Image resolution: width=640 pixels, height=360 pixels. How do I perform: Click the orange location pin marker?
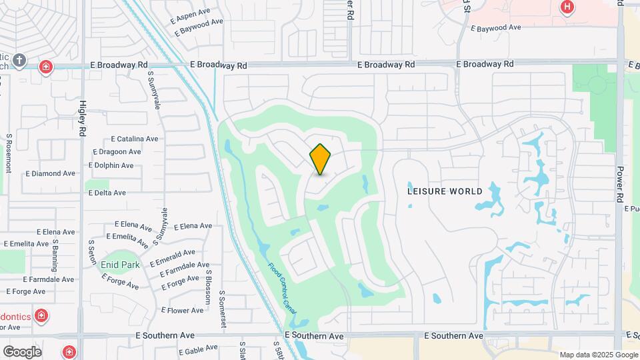coord(321,159)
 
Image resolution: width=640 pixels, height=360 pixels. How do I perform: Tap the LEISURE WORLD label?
coord(445,191)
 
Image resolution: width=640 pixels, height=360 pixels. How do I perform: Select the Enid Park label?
coord(120,265)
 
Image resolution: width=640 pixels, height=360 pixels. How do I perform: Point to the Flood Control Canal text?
coord(281,287)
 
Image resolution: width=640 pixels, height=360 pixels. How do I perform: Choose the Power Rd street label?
coord(619,185)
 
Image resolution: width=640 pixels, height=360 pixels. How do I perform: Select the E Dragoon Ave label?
coord(115,152)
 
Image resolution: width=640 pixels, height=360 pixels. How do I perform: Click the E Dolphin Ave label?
coord(111,165)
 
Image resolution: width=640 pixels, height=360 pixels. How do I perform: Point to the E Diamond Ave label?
coord(51,173)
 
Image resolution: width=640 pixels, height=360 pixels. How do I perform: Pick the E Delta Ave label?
coord(107,193)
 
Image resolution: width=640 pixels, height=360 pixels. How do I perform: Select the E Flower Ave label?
coord(181,311)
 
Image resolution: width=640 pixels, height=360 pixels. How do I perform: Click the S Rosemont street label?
coord(9,153)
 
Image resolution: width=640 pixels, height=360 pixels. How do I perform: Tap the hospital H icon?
coord(567,7)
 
